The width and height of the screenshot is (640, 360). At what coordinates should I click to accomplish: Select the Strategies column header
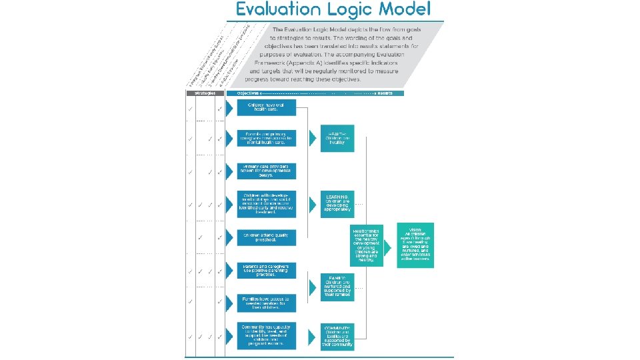point(205,93)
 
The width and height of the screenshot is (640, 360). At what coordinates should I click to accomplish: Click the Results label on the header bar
point(384,93)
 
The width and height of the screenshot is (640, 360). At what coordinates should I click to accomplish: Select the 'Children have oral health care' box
point(265,108)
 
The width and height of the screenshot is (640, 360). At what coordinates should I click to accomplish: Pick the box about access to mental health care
point(265,139)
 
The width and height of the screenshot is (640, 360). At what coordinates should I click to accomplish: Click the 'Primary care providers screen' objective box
point(265,171)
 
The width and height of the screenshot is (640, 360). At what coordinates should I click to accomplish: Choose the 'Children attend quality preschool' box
point(265,237)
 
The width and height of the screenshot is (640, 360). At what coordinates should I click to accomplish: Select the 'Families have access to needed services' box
point(265,301)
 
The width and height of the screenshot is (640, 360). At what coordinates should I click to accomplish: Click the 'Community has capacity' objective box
point(265,335)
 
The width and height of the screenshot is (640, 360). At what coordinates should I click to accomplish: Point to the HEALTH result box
point(337,138)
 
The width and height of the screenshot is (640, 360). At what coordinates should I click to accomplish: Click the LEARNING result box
point(337,203)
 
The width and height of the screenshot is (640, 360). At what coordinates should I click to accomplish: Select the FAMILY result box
point(337,287)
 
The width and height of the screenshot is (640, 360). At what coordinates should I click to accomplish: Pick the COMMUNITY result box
point(337,337)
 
